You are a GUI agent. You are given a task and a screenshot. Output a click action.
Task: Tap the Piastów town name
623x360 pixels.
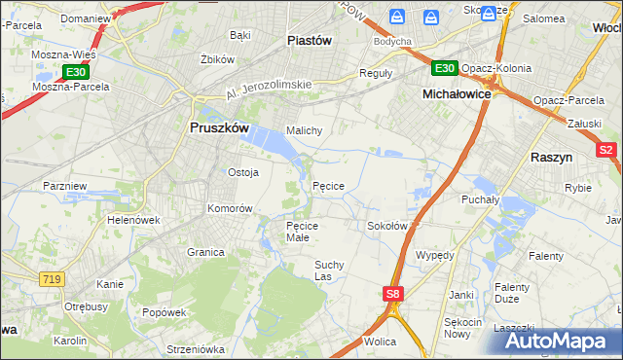tap(311, 40)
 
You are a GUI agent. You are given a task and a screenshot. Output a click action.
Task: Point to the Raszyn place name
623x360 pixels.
tap(551, 156)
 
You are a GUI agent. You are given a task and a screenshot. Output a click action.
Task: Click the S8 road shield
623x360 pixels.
tap(392, 293)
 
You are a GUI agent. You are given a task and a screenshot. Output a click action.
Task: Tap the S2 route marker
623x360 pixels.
tap(605, 150)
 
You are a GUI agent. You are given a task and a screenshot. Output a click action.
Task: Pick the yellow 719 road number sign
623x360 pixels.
tap(53, 279)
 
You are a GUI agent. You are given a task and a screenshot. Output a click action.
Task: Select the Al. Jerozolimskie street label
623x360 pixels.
tap(268, 90)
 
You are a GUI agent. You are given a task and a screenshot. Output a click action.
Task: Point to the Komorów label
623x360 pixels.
tap(230, 208)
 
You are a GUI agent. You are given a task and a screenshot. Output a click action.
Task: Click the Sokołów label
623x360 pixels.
tap(386, 226)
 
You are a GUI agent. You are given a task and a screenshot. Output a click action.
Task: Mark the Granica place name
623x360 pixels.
tap(205, 251)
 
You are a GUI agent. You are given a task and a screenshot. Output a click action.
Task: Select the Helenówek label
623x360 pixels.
tap(133, 220)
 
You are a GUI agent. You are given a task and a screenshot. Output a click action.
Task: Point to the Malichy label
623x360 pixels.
tap(304, 129)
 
